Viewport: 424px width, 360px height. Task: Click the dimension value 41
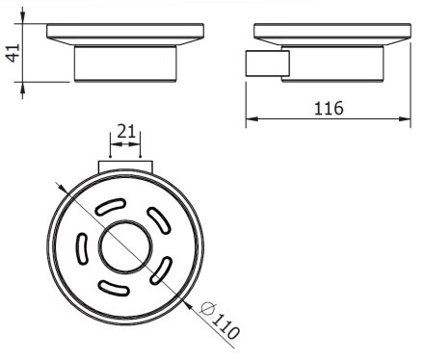(13, 53)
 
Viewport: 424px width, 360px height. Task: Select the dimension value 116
(329, 108)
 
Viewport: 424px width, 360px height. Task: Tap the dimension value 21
(126, 131)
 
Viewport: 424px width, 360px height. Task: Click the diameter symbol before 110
(207, 309)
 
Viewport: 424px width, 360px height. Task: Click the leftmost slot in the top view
(82, 248)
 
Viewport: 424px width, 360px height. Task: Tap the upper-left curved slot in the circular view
(111, 206)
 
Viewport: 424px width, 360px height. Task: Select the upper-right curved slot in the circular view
(158, 220)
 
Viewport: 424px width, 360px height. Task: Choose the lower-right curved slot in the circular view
(161, 270)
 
